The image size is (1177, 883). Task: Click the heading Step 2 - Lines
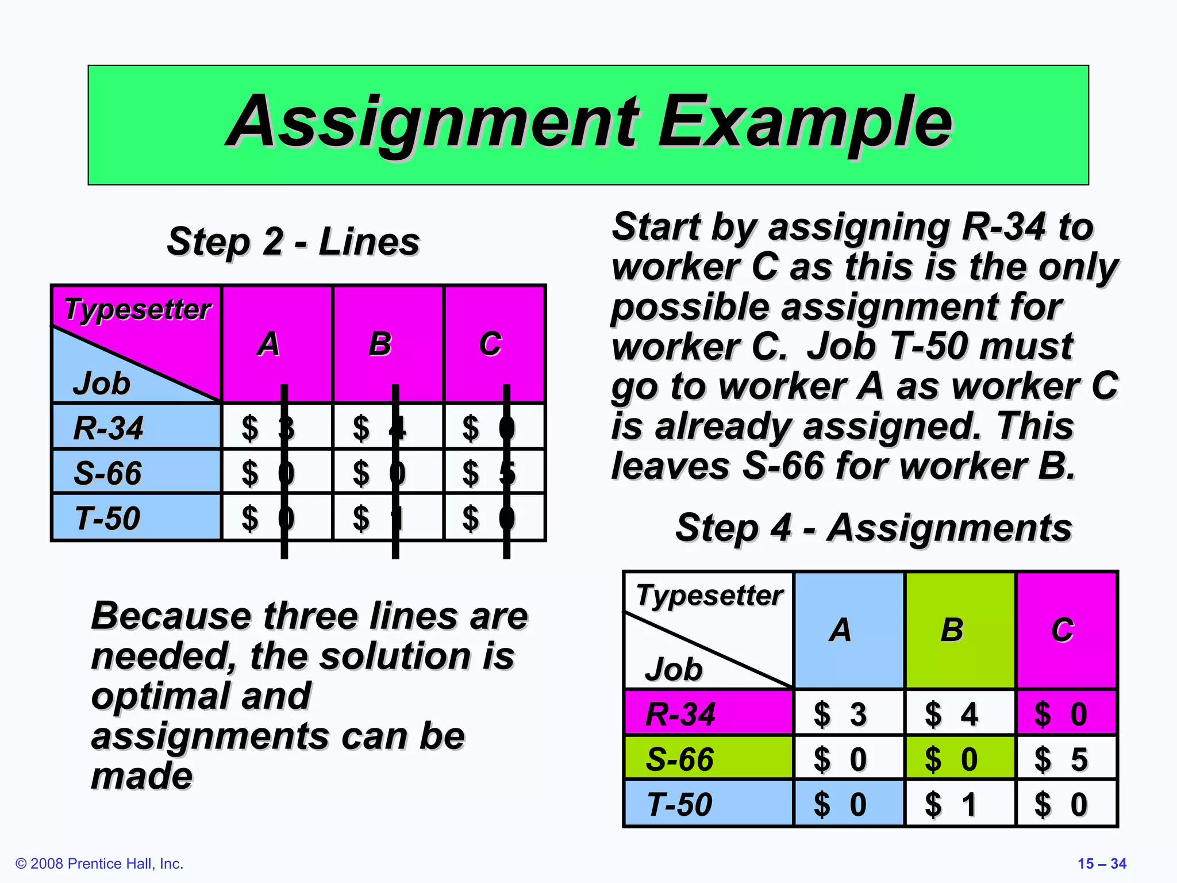pos(293,241)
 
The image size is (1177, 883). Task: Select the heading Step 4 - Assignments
pos(873,528)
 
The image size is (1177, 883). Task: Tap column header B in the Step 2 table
pos(380,344)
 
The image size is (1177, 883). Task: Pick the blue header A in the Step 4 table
pos(840,630)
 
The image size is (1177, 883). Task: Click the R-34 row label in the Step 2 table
pos(109,428)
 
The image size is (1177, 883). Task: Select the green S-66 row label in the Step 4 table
pos(680,759)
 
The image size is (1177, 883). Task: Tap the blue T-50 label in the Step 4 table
pos(680,804)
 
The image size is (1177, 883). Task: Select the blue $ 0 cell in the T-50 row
pos(840,804)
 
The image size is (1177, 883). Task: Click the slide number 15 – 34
pos(1102,863)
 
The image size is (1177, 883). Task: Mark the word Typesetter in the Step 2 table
pos(138,309)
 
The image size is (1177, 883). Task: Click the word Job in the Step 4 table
pos(674,669)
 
